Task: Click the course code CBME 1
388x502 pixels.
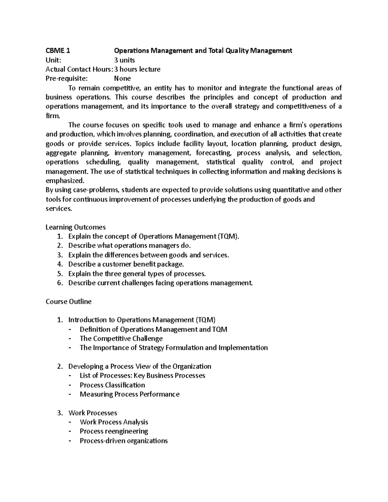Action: click(x=58, y=51)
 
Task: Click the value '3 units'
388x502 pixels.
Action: click(x=124, y=60)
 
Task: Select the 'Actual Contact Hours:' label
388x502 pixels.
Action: click(x=79, y=69)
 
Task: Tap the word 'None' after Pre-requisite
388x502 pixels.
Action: click(x=122, y=79)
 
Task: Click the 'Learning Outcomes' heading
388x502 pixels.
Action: click(x=76, y=227)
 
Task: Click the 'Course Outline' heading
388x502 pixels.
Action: click(x=69, y=302)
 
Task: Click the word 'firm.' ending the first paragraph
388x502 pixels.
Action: click(x=53, y=116)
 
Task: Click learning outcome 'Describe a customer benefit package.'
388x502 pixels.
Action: click(x=126, y=264)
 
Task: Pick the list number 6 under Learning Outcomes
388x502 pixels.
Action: click(x=59, y=283)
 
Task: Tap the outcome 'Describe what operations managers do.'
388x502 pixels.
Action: click(x=127, y=246)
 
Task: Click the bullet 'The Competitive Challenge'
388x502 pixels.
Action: click(x=121, y=339)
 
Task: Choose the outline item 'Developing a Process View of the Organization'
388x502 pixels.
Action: click(x=140, y=367)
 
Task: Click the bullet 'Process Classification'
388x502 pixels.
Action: click(x=112, y=385)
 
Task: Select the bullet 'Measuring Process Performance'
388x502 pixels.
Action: click(x=129, y=394)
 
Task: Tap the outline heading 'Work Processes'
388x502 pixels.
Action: click(x=93, y=413)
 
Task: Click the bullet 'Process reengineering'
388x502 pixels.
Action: click(x=114, y=431)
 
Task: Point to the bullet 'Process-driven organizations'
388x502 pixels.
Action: click(x=124, y=441)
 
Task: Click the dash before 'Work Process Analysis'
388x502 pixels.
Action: click(x=71, y=422)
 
